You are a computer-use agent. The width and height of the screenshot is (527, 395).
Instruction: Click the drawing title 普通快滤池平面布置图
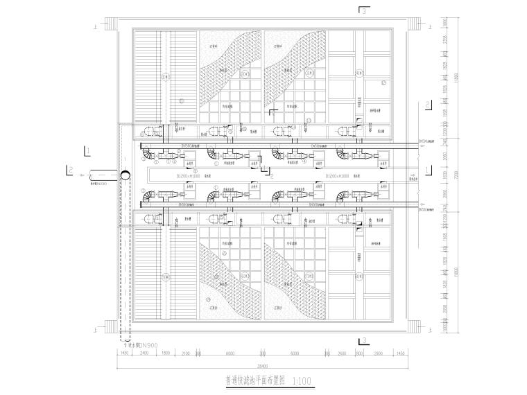click(x=254, y=379)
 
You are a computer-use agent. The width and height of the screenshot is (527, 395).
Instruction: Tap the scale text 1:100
click(x=303, y=379)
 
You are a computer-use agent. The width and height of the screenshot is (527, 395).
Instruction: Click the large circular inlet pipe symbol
click(x=125, y=175)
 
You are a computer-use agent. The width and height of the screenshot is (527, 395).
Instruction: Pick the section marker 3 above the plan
click(x=363, y=10)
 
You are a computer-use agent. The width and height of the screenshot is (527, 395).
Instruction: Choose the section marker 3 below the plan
click(x=363, y=340)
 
